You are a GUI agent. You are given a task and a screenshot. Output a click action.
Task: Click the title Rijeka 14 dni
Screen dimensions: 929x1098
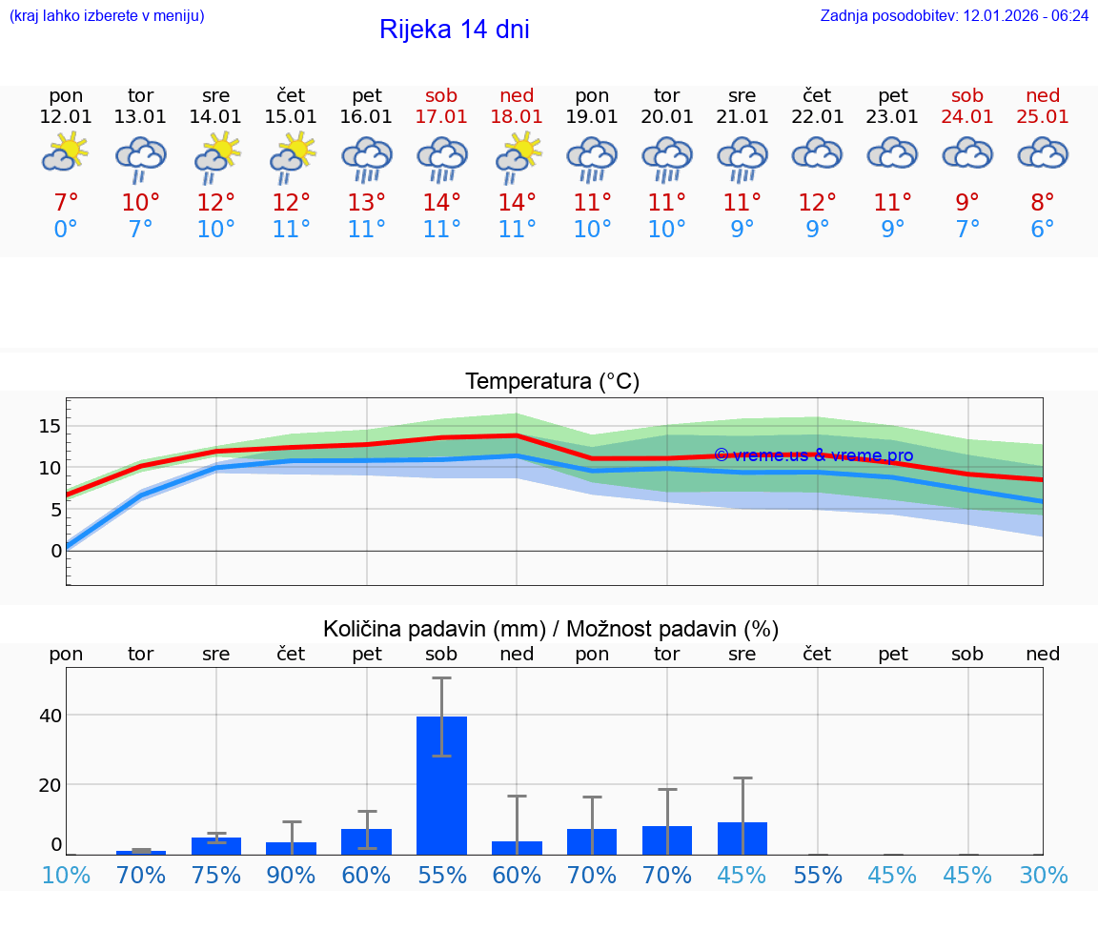(x=454, y=30)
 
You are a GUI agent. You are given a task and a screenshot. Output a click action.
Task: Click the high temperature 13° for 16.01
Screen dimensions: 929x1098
(x=367, y=202)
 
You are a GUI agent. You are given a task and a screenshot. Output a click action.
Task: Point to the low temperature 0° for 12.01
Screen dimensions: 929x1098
(x=66, y=230)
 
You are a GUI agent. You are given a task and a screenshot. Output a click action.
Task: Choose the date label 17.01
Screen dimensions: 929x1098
(x=441, y=117)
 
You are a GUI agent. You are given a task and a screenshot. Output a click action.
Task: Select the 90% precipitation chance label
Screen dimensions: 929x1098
(x=292, y=876)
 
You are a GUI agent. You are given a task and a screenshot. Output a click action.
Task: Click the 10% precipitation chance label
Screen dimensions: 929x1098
(x=66, y=876)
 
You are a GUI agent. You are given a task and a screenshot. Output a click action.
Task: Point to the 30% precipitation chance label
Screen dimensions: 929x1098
(x=1043, y=876)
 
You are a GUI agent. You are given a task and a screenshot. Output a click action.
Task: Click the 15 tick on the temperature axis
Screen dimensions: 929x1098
(x=51, y=426)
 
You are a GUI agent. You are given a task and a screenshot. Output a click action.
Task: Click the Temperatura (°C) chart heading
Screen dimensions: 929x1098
(x=552, y=382)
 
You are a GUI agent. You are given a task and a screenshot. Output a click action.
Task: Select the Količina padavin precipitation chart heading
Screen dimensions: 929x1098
(x=551, y=629)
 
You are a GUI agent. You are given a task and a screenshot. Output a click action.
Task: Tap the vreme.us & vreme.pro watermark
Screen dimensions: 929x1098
(x=813, y=455)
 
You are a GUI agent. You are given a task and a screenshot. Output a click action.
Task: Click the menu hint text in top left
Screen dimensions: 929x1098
(x=107, y=16)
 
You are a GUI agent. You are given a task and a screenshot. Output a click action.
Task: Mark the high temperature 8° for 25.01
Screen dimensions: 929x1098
(x=1043, y=202)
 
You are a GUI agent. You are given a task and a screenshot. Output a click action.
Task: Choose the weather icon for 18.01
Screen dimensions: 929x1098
(x=517, y=155)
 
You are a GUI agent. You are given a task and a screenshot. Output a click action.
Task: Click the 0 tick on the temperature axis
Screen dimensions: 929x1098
(x=56, y=551)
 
